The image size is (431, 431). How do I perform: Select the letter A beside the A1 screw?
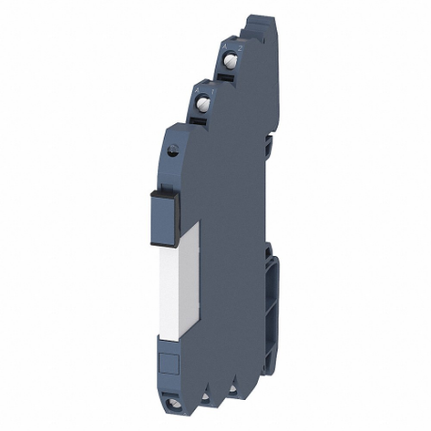pyautogui.click(x=196, y=83)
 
